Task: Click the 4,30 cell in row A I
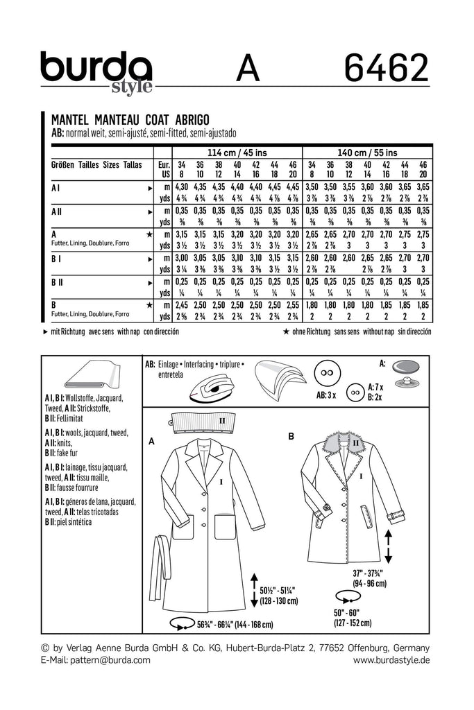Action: coord(181,187)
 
